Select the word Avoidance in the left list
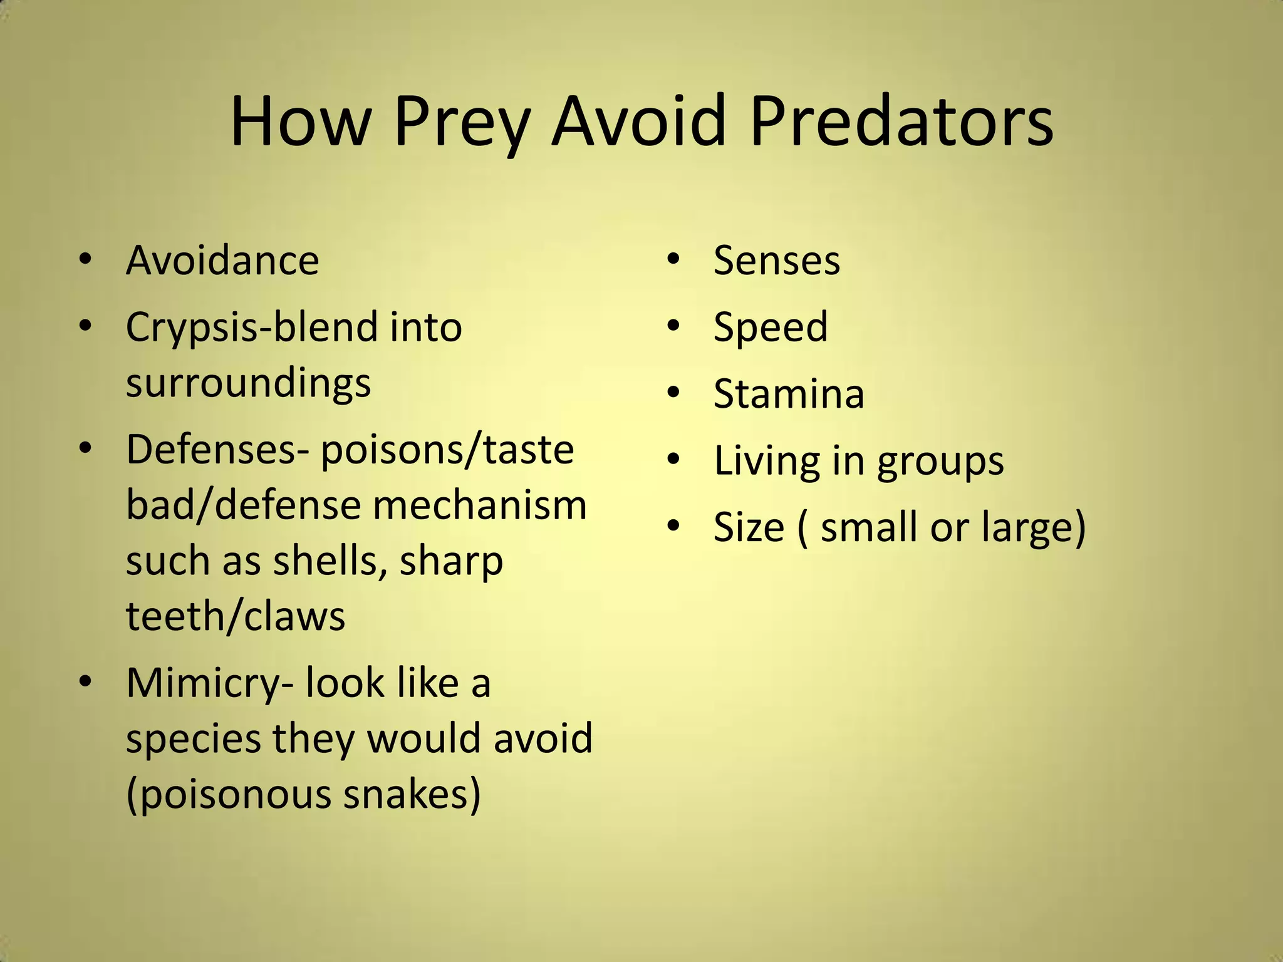click(x=222, y=260)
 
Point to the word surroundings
click(x=248, y=383)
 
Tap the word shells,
click(x=329, y=561)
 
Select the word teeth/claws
click(x=236, y=616)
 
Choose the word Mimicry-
click(x=209, y=683)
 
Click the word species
click(x=193, y=740)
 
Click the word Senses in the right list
click(x=777, y=260)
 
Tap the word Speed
click(x=771, y=328)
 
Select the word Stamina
click(x=789, y=394)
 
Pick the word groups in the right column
click(x=940, y=462)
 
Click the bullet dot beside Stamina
click(x=673, y=393)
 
